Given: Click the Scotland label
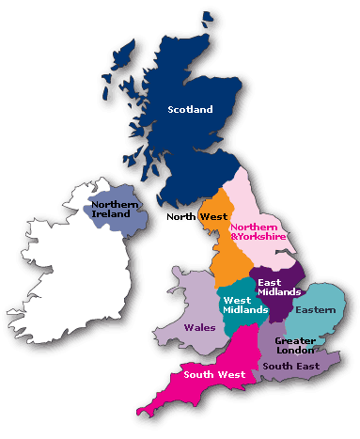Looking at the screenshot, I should [190, 109].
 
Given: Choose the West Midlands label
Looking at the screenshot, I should [243, 305].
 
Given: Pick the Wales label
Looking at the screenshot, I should [198, 328].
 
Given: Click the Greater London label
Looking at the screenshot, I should [294, 344].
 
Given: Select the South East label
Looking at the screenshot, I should [290, 365].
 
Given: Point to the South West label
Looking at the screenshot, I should [214, 374].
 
